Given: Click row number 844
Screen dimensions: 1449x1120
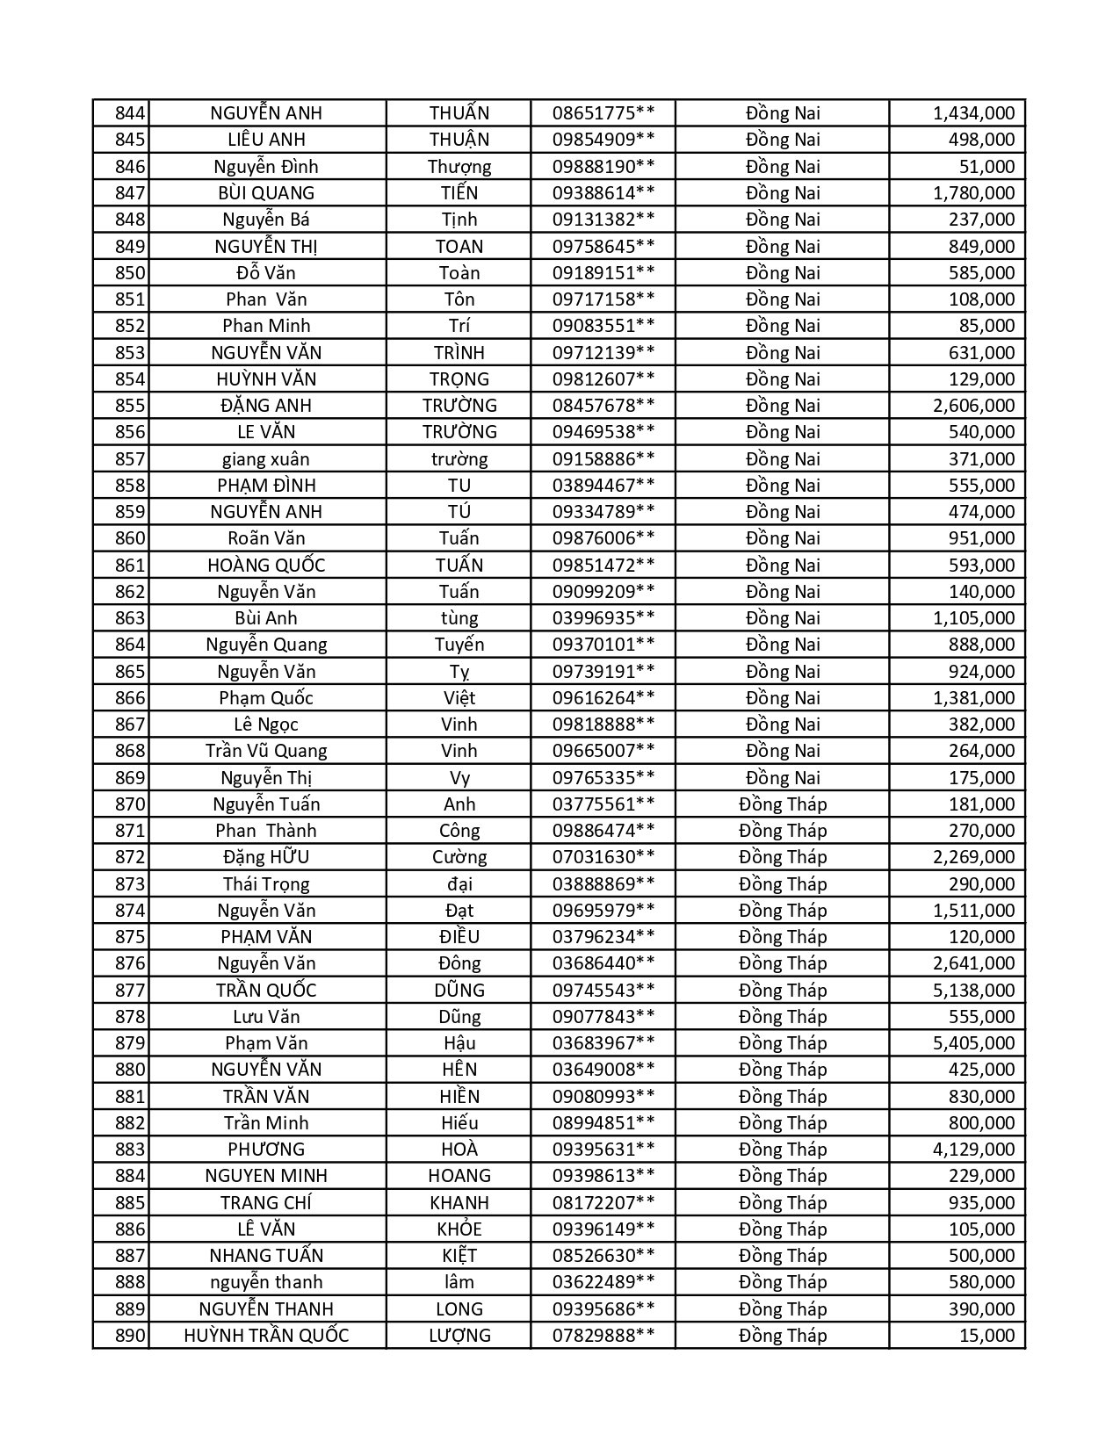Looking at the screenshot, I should [x=129, y=113].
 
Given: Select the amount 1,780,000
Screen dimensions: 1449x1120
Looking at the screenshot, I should [x=973, y=193].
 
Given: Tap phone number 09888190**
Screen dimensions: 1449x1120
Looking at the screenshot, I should [x=603, y=167].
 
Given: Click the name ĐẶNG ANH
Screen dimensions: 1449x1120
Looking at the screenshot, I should [x=266, y=406].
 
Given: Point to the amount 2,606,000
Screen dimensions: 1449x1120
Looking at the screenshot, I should [x=973, y=406].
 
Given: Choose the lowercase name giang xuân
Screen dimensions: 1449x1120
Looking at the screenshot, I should [x=266, y=459].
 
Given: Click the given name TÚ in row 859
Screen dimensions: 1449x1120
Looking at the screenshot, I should [x=459, y=512].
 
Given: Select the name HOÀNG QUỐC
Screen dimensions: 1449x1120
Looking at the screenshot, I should [x=266, y=566].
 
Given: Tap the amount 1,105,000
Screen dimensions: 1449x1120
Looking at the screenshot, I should [x=973, y=618].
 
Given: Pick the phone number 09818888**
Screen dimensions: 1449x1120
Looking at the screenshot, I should [x=603, y=724].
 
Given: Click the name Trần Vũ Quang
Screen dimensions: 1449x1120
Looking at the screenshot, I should [x=266, y=751].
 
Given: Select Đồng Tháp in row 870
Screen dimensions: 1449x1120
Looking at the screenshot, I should [x=783, y=804].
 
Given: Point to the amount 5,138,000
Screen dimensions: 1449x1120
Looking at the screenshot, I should [x=973, y=991].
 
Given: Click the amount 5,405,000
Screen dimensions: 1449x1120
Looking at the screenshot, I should [x=973, y=1043].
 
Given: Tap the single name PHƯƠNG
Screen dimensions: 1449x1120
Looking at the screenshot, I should [x=266, y=1150].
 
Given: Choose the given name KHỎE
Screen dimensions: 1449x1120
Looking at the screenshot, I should [x=459, y=1229].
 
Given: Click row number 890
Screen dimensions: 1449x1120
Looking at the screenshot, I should [x=129, y=1336].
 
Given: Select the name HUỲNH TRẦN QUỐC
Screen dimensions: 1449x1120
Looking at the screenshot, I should [x=266, y=1336].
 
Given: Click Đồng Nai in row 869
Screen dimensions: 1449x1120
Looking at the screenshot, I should [x=783, y=778].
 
